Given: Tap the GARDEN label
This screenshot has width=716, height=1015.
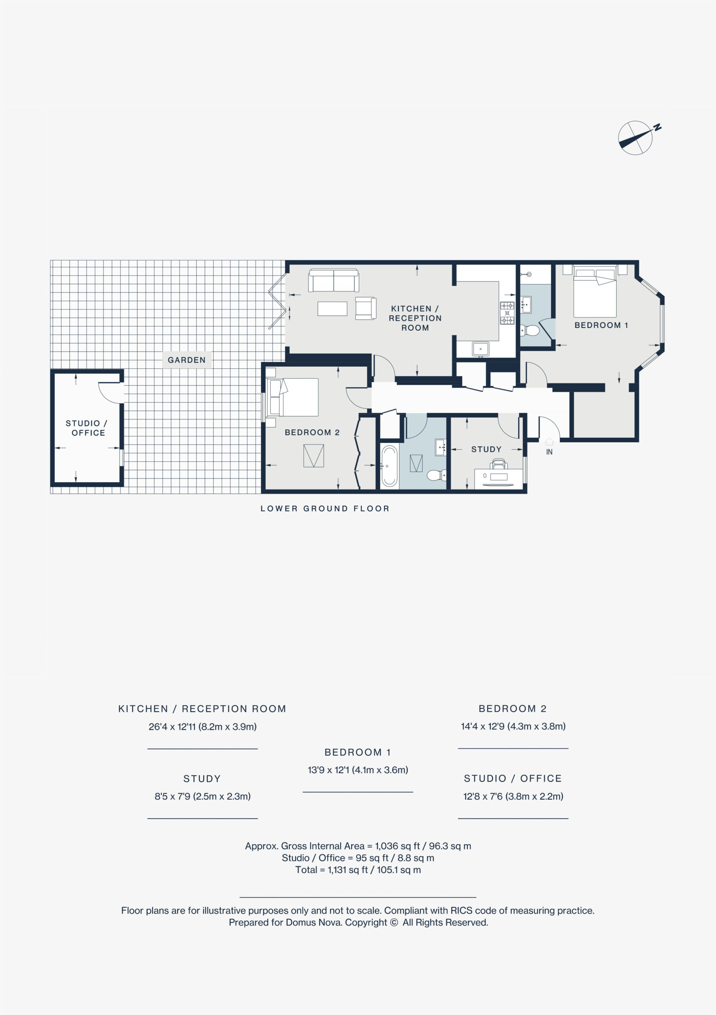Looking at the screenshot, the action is [186, 360].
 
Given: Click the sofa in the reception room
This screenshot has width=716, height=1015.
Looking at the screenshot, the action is [334, 280].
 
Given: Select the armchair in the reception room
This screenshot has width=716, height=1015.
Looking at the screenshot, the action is [366, 308].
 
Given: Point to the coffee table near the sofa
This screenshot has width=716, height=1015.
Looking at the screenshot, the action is [332, 308].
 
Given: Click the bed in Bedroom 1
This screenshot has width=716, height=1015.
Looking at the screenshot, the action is [595, 292].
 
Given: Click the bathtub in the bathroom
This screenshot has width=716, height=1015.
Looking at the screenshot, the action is [389, 466].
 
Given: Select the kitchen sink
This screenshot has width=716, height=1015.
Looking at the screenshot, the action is [481, 349].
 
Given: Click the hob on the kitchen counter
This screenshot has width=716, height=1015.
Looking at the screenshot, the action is [507, 312].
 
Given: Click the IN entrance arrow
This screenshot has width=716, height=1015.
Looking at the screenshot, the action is [549, 442].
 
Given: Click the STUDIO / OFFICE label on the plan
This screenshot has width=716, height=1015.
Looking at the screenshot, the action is [87, 428].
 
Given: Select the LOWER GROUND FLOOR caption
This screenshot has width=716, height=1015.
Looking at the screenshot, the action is [325, 508].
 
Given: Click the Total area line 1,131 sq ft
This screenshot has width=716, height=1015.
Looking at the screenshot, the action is [358, 869].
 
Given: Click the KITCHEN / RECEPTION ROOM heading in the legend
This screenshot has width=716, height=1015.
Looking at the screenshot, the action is [202, 709].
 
